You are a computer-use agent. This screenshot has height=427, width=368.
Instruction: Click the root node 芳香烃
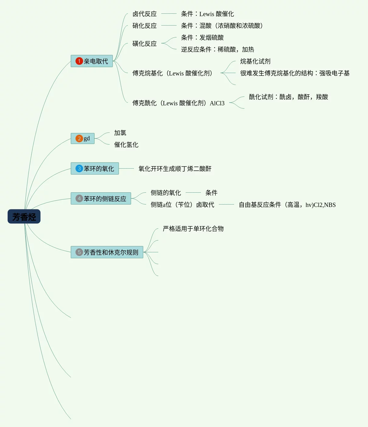24,216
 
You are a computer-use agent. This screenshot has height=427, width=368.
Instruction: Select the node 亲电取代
96,61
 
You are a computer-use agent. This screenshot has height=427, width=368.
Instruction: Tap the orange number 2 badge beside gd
79,138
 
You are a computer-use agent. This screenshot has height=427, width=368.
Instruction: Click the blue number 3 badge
79,168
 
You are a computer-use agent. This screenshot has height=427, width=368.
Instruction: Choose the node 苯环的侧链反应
105,199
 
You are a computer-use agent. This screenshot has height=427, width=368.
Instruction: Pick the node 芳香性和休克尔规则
111,252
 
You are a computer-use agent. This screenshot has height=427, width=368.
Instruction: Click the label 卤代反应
145,14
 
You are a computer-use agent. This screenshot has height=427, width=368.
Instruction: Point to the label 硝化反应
145,26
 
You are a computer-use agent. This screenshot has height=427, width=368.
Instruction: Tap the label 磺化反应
145,44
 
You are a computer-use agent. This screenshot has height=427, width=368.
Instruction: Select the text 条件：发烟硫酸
202,37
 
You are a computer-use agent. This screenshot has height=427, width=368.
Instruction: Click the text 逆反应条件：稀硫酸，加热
217,49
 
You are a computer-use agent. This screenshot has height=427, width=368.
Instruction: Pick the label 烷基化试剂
255,61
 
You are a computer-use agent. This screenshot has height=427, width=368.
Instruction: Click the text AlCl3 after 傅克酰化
217,103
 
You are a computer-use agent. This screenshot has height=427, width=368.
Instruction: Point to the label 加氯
120,133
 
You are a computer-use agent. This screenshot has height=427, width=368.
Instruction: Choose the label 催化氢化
126,145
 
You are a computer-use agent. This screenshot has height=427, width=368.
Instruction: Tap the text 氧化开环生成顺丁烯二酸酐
175,169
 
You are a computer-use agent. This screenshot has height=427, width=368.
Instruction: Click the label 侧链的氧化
166,193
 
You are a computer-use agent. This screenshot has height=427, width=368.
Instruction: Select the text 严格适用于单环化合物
193,229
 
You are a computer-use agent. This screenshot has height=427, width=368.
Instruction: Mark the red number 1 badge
79,61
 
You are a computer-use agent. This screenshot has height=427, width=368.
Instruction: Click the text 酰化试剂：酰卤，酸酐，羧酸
288,97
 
